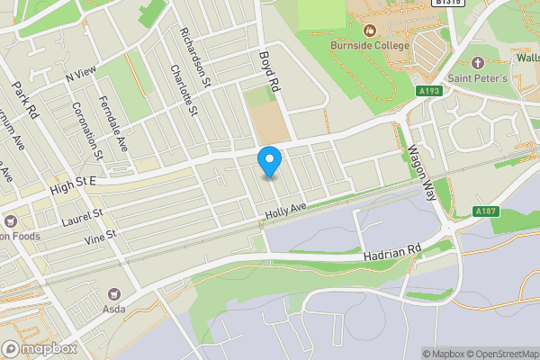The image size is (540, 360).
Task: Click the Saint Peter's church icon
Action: pos(478,65)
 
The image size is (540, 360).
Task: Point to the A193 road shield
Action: pos(429,91)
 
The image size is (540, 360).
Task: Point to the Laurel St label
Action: pos(83,217)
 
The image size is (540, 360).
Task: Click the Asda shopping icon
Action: pos(114,293)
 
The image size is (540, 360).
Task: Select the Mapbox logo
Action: pos(40,348)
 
